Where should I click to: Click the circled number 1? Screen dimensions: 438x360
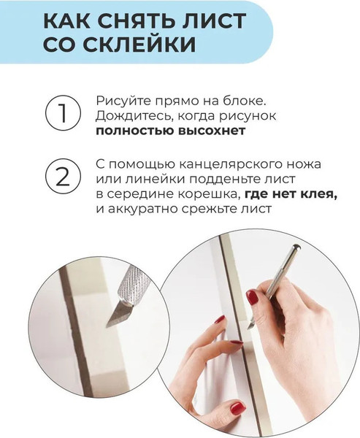(61, 115)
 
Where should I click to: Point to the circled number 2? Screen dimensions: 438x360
(61, 177)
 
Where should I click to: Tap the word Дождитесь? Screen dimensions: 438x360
(131, 115)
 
